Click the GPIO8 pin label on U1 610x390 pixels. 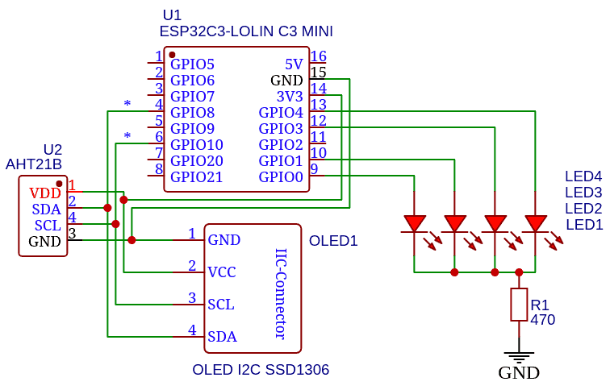tap(192, 112)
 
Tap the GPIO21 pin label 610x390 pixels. tap(196, 176)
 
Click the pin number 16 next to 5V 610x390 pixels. tap(318, 57)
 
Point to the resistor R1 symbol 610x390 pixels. tap(519, 305)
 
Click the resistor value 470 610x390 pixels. tap(542, 320)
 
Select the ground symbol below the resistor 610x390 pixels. tap(519, 357)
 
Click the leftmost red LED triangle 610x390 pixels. tap(415, 223)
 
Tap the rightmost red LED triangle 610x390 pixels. tap(535, 223)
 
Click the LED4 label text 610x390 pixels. tap(583, 176)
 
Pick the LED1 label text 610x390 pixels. tap(583, 224)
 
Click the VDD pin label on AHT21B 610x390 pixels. tap(45, 193)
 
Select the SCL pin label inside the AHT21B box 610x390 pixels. tap(48, 225)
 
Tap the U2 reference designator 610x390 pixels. tap(52, 150)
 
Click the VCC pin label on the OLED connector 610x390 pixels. tap(222, 272)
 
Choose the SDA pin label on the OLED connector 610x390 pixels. tap(222, 337)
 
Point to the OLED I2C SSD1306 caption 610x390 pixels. tap(261, 370)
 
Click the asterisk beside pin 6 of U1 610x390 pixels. tap(127, 136)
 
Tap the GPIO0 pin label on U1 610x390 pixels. tap(281, 176)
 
